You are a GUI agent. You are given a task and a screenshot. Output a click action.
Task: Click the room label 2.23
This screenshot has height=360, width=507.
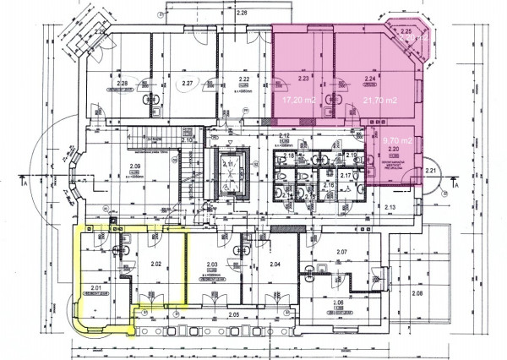click(305, 77)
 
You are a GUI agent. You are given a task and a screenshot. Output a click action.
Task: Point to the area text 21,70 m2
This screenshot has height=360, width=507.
click(369, 99)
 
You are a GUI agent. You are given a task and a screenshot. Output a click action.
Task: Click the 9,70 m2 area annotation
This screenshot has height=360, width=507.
click(397, 139)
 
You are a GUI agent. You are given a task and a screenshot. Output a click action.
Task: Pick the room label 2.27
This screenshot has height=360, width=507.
click(188, 83)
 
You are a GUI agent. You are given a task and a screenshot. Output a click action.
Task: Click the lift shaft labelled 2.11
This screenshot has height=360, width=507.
click(228, 164)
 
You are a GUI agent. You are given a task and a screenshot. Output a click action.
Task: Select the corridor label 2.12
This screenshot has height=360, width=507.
click(285, 137)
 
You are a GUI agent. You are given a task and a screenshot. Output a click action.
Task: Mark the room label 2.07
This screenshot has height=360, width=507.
click(342, 253)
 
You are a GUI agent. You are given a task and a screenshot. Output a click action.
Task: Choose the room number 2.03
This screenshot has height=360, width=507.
click(212, 265)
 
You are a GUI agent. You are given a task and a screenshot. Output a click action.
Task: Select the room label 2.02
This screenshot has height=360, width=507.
click(155, 264)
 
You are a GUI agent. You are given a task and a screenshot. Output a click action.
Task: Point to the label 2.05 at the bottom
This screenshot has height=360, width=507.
click(233, 314)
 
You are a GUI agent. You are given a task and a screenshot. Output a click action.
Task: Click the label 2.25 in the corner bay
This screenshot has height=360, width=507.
click(406, 32)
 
